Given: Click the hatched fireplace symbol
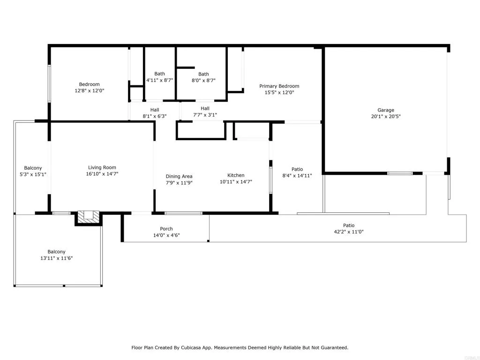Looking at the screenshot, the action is point(89,217).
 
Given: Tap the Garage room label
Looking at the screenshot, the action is point(386,110).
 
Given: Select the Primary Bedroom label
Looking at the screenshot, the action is point(279,86).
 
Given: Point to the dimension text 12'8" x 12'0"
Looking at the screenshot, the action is point(90,90).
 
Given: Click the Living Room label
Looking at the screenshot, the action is point(102,167).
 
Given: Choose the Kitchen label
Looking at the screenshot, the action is point(236,175).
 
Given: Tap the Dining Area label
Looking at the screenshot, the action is point(179,176).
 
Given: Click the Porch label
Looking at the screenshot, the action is point(166,229).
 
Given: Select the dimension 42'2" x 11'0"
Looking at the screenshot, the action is point(349,232).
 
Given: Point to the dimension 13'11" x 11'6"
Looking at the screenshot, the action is point(57,258).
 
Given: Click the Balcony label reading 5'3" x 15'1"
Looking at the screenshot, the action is point(33,168).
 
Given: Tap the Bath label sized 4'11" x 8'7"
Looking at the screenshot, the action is point(159,74).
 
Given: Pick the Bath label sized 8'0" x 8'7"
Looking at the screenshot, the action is point(203,74).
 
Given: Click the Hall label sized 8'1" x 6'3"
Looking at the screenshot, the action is point(155,110).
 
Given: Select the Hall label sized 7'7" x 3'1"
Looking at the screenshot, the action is point(205,108).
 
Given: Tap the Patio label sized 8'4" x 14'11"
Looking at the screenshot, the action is point(297,169).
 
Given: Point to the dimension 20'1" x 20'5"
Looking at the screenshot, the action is point(386,116).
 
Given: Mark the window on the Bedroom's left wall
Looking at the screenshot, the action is point(49,83).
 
